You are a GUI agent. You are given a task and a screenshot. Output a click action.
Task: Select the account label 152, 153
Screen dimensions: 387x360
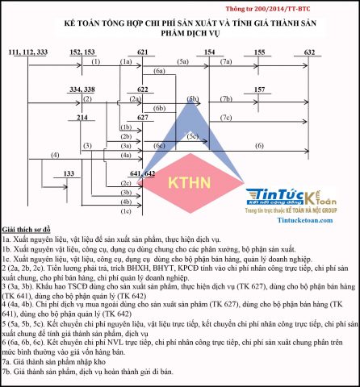pos(82,52)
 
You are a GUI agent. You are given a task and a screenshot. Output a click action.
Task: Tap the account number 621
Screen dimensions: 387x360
pos(142,52)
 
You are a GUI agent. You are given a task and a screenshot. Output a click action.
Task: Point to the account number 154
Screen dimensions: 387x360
pos(209,52)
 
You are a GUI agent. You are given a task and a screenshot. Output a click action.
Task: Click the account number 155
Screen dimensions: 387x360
pos(259,52)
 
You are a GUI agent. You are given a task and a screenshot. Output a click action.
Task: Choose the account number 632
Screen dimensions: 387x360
pos(309,52)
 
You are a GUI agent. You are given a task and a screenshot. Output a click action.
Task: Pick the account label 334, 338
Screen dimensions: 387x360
pos(82,89)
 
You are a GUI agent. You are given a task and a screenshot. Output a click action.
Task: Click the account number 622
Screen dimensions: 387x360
pos(142,89)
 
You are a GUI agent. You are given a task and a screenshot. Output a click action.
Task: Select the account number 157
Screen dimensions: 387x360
pos(259,89)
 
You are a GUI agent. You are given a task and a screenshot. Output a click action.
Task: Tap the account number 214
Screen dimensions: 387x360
pos(82,118)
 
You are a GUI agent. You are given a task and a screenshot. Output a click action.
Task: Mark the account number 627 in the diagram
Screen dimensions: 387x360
pos(142,118)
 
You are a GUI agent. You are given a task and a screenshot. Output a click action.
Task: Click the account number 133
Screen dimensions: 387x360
pos(69,173)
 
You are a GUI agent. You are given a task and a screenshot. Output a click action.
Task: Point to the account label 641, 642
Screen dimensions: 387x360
pos(142,173)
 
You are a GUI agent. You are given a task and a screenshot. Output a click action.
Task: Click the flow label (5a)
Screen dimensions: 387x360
pos(184,61)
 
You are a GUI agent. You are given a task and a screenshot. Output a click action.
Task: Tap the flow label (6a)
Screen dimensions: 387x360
pos(158,72)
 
